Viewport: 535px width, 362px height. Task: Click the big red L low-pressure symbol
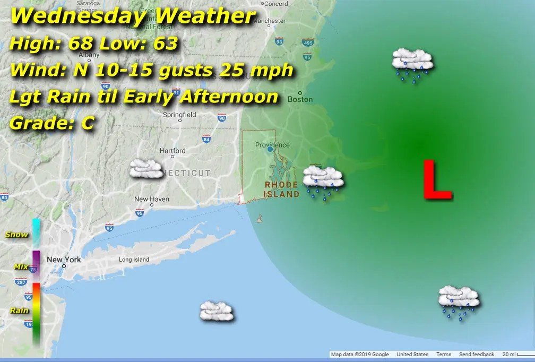[x=437, y=180]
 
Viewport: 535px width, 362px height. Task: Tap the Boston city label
[x=300, y=99]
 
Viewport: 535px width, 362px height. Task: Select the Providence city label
[x=272, y=145]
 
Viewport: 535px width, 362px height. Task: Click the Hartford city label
[x=173, y=151]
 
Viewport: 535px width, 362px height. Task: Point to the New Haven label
[x=151, y=199]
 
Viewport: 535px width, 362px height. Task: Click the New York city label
[x=64, y=260]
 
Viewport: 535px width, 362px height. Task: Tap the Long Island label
[x=134, y=260]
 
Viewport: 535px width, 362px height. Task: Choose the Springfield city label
[x=179, y=115]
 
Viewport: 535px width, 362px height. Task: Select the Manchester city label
[x=269, y=21]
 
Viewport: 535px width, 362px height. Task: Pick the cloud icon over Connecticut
[x=146, y=169]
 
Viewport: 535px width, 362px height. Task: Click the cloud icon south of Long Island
[x=216, y=311]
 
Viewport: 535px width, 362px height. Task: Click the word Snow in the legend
[x=16, y=235]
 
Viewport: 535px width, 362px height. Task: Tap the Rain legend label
[x=19, y=311]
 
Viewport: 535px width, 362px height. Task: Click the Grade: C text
[x=51, y=123]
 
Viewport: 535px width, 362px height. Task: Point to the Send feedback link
[x=476, y=355]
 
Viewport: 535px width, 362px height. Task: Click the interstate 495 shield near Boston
[x=307, y=42]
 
